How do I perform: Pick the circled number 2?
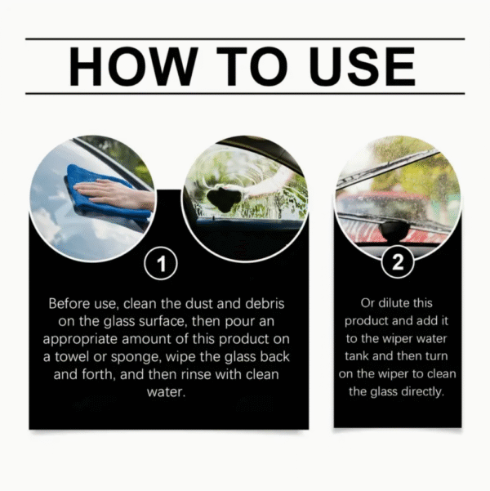click(397, 265)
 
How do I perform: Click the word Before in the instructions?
click(69, 303)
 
